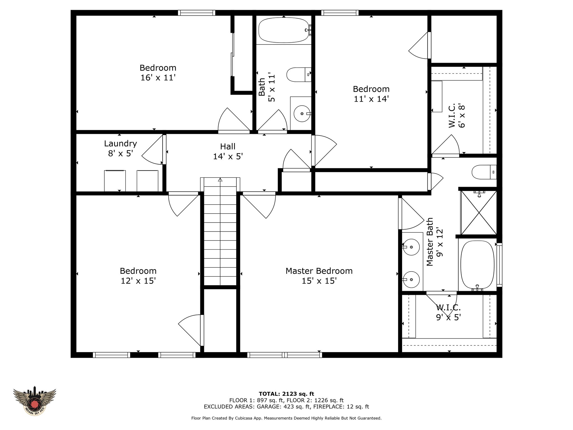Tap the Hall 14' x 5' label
[228, 151]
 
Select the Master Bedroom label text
[319, 271]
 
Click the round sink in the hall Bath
[302, 114]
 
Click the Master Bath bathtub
[477, 265]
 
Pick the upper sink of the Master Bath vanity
[411, 247]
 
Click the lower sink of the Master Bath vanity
[411, 279]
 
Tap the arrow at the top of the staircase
[220, 180]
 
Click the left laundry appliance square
[115, 181]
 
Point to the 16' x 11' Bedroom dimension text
[158, 78]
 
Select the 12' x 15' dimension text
[138, 281]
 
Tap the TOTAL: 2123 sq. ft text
[286, 394]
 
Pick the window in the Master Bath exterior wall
[499, 265]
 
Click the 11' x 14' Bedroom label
[371, 94]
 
